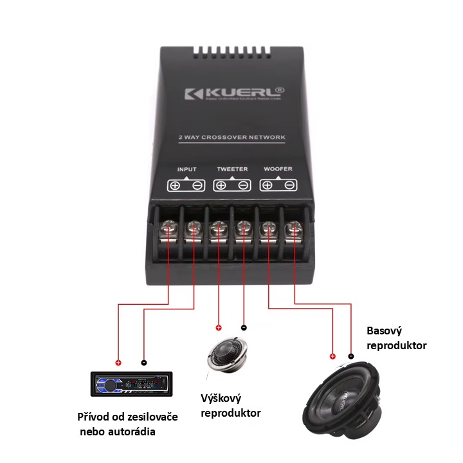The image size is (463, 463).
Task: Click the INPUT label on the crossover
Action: (x=186, y=170)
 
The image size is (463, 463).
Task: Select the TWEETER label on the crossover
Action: (x=232, y=170)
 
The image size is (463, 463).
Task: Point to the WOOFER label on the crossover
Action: (x=278, y=169)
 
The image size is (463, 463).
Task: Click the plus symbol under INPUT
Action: (x=175, y=186)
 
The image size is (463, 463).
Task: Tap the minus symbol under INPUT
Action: (x=197, y=186)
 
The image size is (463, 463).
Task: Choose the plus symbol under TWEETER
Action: (x=221, y=186)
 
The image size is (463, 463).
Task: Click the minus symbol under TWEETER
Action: (x=243, y=186)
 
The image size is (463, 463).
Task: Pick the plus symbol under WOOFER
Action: (x=267, y=186)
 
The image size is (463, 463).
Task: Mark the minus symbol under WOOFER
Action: (x=289, y=186)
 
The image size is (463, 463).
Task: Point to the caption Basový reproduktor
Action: (x=397, y=338)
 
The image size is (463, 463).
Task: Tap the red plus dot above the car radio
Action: (x=117, y=361)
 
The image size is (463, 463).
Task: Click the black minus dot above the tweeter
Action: (x=243, y=327)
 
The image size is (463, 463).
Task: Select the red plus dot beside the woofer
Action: (x=332, y=356)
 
